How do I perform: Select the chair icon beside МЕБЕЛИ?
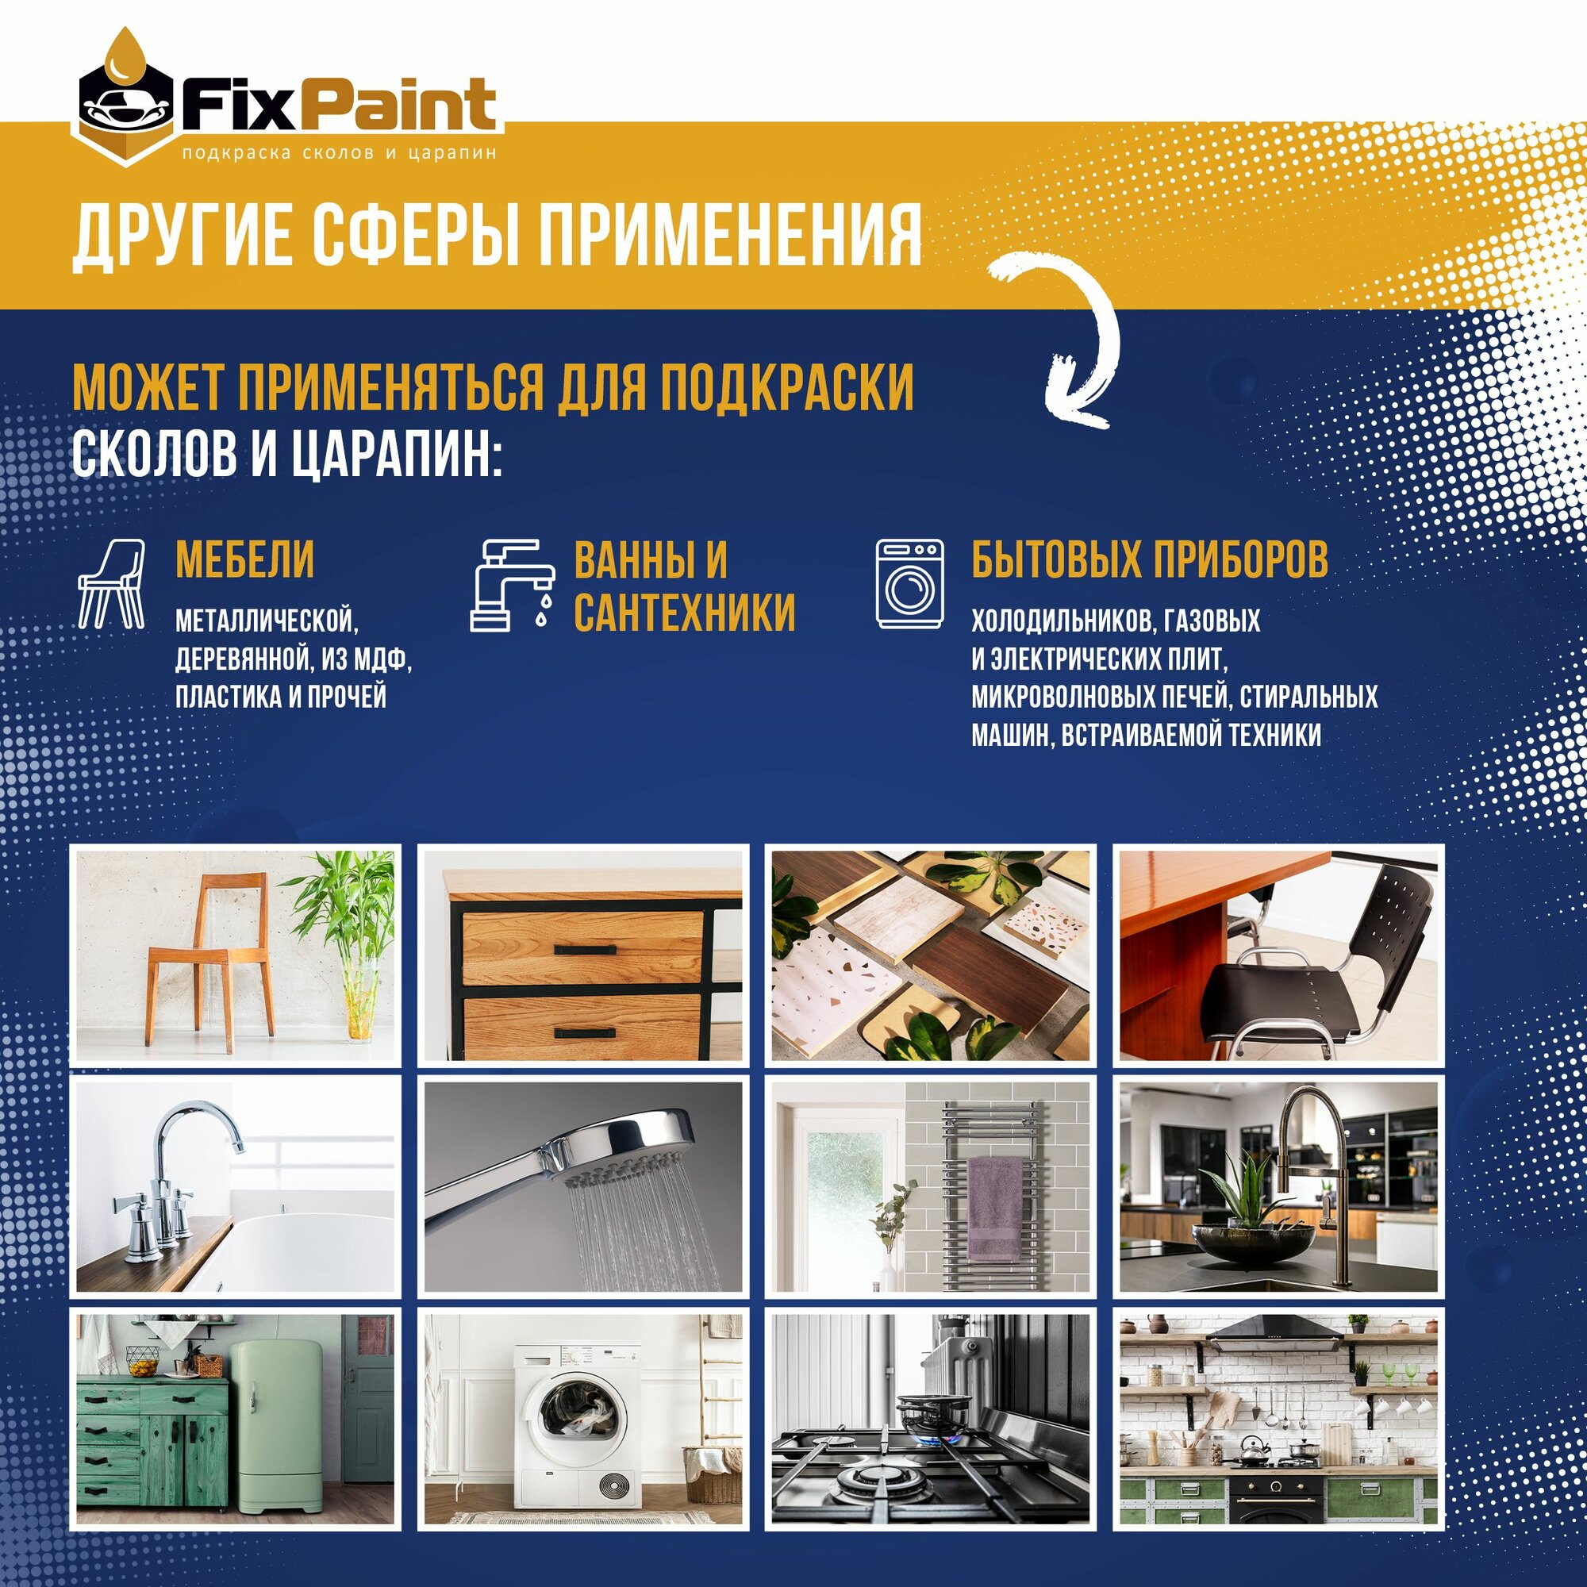click(x=112, y=584)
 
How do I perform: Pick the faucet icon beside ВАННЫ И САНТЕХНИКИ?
click(x=510, y=584)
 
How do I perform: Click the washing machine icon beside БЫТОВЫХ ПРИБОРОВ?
click(x=909, y=584)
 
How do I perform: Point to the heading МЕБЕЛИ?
click(x=244, y=560)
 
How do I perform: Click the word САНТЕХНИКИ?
click(x=684, y=613)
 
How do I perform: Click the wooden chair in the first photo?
click(x=209, y=959)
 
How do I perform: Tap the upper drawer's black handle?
click(x=584, y=950)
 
